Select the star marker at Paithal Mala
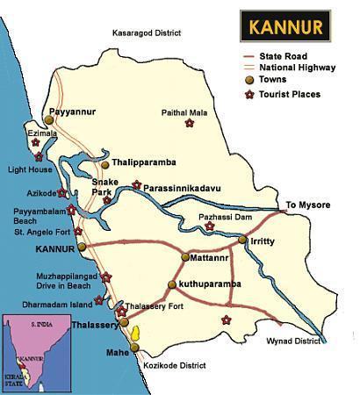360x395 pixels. [x=190, y=123]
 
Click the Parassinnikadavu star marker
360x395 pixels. [x=136, y=184]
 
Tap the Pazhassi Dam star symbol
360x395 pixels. [x=209, y=226]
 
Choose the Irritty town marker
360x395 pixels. [x=243, y=239]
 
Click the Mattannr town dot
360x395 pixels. [x=185, y=258]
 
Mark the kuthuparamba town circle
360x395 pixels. [x=172, y=285]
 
